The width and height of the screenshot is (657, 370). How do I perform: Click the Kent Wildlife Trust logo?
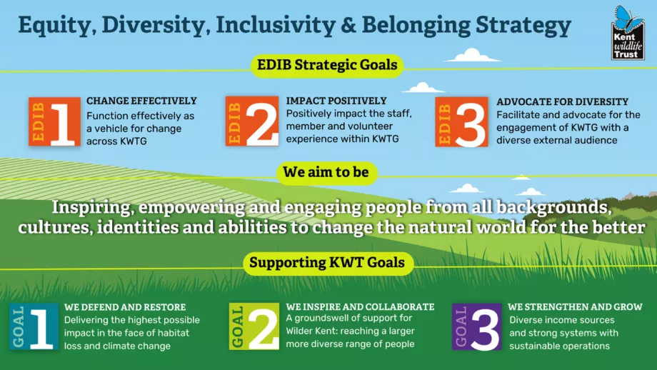click(628, 33)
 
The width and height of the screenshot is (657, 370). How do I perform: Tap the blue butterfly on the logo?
click(628, 19)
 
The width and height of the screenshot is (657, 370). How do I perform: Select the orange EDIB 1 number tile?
click(54, 121)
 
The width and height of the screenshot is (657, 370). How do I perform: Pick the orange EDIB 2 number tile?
click(252, 121)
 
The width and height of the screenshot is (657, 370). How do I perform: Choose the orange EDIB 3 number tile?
click(461, 121)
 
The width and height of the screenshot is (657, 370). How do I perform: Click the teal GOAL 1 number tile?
click(34, 326)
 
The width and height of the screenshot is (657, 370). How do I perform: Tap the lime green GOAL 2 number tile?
click(254, 326)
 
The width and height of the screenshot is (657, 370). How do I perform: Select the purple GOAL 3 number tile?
click(476, 326)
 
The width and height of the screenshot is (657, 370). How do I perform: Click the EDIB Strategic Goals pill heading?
click(327, 66)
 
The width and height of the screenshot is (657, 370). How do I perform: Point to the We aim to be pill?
click(326, 173)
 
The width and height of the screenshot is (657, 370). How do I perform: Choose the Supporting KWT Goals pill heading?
click(327, 263)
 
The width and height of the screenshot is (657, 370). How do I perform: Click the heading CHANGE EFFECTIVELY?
click(141, 101)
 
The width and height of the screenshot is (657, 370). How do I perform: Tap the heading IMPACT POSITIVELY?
click(336, 101)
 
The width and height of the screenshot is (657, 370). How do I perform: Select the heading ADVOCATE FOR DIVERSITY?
click(562, 102)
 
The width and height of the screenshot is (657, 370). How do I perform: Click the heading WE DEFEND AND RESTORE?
click(125, 307)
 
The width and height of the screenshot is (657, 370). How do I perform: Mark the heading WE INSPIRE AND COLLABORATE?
click(360, 306)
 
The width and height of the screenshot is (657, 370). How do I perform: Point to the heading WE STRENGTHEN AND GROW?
click(575, 306)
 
